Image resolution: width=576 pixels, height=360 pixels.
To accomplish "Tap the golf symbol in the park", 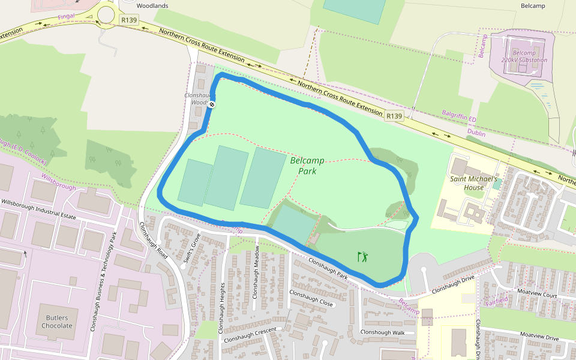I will click(x=362, y=257).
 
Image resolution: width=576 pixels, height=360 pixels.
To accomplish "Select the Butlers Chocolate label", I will click(x=57, y=322).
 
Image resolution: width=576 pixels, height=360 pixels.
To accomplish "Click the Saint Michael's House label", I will click(x=474, y=183).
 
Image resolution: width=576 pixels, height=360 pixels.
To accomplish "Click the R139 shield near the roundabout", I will click(x=129, y=20).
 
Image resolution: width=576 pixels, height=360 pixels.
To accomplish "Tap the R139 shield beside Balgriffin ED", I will click(x=394, y=116).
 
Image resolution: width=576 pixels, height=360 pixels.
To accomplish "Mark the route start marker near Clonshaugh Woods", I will click(x=212, y=105).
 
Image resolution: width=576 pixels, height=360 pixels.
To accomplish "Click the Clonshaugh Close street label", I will click(x=311, y=299).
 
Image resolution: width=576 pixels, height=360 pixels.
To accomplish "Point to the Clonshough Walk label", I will click(x=382, y=332).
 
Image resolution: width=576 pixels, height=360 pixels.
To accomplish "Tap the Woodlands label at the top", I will click(x=152, y=5).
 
